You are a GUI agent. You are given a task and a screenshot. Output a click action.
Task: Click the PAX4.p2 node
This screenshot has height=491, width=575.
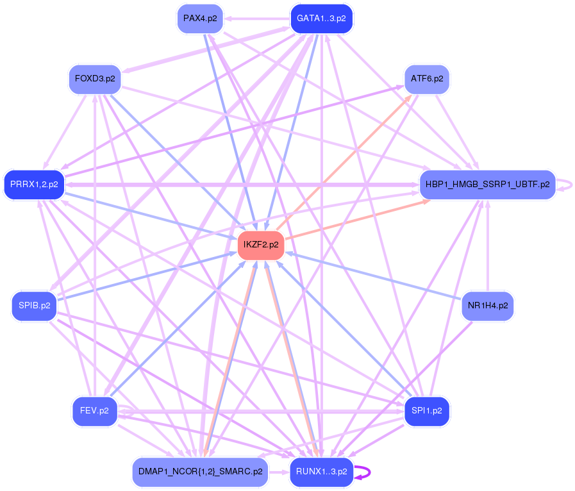click(200, 18)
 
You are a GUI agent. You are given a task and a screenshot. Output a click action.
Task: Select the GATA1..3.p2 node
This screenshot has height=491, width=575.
click(321, 18)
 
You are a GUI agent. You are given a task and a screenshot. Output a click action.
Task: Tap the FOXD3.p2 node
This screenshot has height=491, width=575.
click(95, 79)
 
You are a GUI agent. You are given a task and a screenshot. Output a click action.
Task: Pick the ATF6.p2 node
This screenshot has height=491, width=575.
click(427, 79)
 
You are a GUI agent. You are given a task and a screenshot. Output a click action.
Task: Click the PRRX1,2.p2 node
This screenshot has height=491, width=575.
click(34, 185)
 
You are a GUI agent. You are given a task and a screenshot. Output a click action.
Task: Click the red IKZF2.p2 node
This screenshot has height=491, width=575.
click(261, 245)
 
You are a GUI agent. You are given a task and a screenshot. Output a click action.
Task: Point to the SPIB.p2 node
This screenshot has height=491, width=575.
click(34, 306)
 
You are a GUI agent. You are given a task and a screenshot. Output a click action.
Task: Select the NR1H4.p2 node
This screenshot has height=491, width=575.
click(487, 306)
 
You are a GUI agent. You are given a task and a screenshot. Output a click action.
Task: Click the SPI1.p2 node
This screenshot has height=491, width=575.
click(427, 411)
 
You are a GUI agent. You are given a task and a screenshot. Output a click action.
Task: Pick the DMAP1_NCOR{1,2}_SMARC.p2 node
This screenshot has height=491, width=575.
click(200, 472)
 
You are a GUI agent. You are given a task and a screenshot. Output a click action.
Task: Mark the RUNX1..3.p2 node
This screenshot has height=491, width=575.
click(321, 472)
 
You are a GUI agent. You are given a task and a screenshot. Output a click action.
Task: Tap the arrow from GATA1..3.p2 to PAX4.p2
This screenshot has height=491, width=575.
click(256, 18)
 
